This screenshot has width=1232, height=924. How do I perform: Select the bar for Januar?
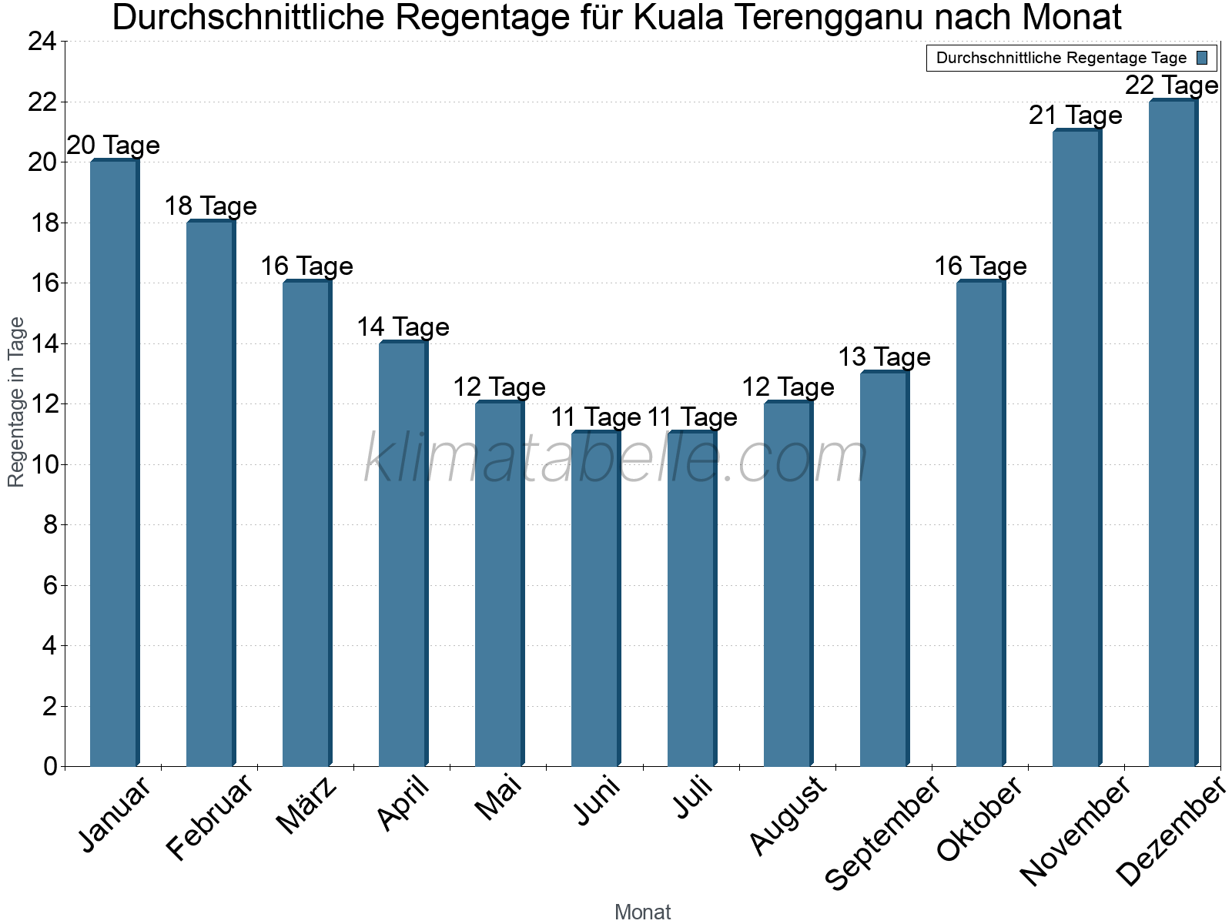(x=114, y=462)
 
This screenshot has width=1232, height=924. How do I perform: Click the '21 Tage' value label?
(x=1076, y=115)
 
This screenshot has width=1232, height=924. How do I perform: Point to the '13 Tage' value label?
(x=884, y=357)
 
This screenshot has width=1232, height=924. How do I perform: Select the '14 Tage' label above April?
(x=403, y=327)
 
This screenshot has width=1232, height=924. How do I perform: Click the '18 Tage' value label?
(x=210, y=206)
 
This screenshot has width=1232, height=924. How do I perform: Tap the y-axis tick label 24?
(x=42, y=42)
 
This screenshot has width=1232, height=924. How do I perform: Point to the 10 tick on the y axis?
(x=42, y=464)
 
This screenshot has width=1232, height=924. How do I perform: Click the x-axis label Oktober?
(x=979, y=819)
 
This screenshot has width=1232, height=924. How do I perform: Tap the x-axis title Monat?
(x=643, y=912)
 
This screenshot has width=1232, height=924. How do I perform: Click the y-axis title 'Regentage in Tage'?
(x=16, y=402)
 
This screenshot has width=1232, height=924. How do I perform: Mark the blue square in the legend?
(x=1202, y=58)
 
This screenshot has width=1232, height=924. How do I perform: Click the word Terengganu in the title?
(x=800, y=18)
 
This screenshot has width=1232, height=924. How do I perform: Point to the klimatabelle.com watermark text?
(x=616, y=459)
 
